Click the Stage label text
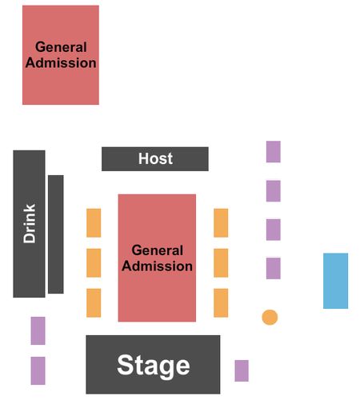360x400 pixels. pyautogui.click(x=154, y=366)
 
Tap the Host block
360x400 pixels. pyautogui.click(x=155, y=159)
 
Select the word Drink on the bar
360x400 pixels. pyautogui.click(x=30, y=223)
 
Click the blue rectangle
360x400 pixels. pyautogui.click(x=335, y=281)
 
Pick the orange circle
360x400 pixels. pyautogui.click(x=270, y=318)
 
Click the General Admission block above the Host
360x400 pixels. pyautogui.click(x=61, y=55)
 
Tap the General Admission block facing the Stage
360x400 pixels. pyautogui.click(x=157, y=258)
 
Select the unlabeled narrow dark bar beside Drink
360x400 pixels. pyautogui.click(x=56, y=234)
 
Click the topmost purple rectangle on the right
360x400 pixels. pyautogui.click(x=274, y=151)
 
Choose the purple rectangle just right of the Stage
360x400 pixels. pyautogui.click(x=242, y=370)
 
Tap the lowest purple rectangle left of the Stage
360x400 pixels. pyautogui.click(x=38, y=370)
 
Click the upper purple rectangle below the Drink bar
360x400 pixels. pyautogui.click(x=38, y=330)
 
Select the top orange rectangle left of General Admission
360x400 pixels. pyautogui.click(x=94, y=223)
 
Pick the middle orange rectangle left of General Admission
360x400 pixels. pyautogui.click(x=94, y=263)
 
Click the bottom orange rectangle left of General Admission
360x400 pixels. pyautogui.click(x=94, y=303)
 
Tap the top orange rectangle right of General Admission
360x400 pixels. pyautogui.click(x=221, y=223)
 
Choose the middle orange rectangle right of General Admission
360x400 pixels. pyautogui.click(x=221, y=263)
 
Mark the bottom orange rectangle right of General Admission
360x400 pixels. pyautogui.click(x=221, y=303)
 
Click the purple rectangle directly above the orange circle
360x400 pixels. pyautogui.click(x=274, y=268)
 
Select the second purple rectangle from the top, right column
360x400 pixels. pyautogui.click(x=274, y=191)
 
